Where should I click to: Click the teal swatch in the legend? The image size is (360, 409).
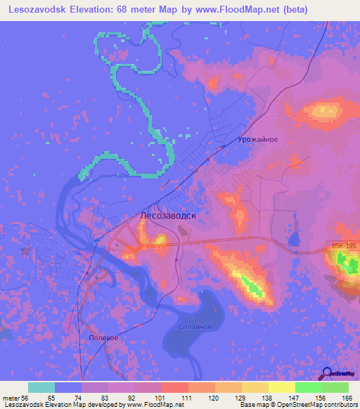[x=41, y=387]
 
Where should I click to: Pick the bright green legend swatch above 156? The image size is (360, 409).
[x=309, y=387]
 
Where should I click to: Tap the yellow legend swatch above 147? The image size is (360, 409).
[x=282, y=387]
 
